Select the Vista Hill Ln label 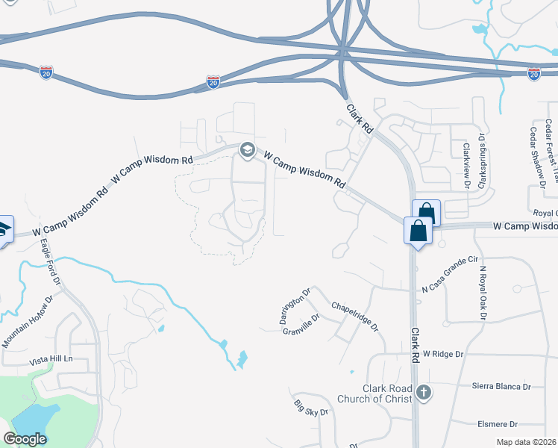click(x=51, y=359)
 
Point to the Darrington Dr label click(x=295, y=306)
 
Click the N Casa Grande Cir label click(x=449, y=275)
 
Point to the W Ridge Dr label click(x=443, y=353)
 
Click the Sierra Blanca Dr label click(x=501, y=387)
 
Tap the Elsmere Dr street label click(x=500, y=423)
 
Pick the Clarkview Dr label click(x=465, y=165)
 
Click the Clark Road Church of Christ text click(x=387, y=393)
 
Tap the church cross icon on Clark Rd click(x=423, y=393)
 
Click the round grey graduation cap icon click(x=247, y=151)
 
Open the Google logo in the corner click(x=25, y=438)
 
